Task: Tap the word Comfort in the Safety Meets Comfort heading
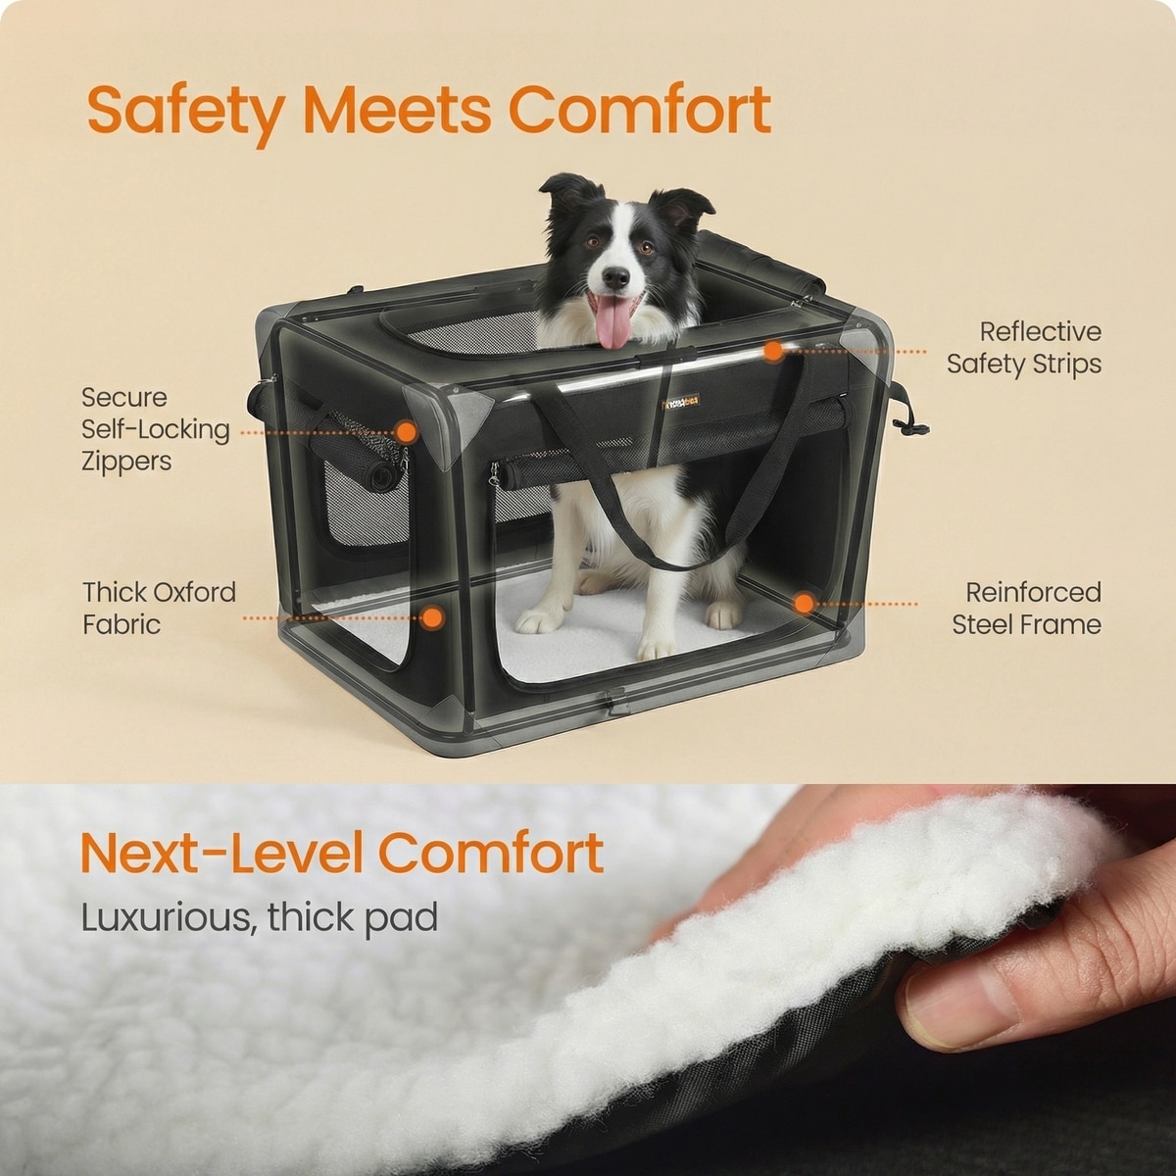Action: pos(640,110)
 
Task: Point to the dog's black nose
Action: pos(614,277)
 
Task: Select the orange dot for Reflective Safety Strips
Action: pos(773,351)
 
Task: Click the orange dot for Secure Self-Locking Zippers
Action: pos(406,432)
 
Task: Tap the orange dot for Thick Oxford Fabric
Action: pos(433,617)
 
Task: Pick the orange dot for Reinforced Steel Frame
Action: pos(805,604)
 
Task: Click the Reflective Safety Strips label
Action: pos(1024,348)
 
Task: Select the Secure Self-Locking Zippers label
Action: pos(156,429)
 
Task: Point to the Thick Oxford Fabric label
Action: pos(159,609)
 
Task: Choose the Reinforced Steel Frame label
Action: pos(1026,609)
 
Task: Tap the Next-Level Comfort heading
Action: pos(342,854)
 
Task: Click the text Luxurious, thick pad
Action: pos(260,917)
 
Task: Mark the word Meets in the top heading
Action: pos(397,110)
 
